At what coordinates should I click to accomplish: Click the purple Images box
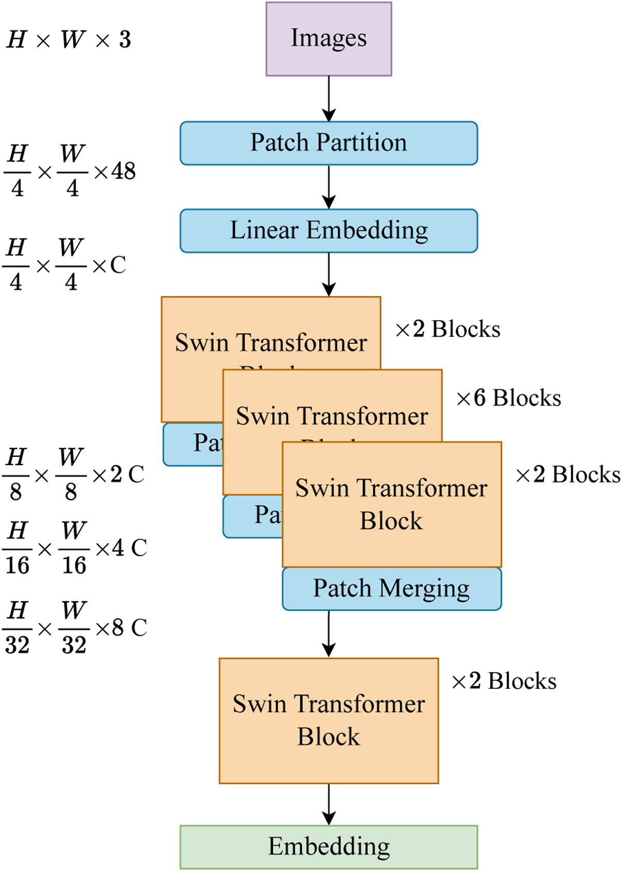click(x=329, y=39)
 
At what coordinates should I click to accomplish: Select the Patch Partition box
click(x=329, y=143)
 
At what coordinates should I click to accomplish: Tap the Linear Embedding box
click(x=329, y=231)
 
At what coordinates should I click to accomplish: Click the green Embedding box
click(x=329, y=847)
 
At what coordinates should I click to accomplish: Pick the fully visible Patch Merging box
click(x=391, y=589)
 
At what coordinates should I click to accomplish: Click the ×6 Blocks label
click(x=508, y=398)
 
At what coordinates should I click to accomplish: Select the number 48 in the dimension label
click(x=123, y=171)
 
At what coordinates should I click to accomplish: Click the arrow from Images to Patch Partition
click(x=329, y=99)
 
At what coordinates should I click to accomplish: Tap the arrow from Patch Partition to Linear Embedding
click(x=329, y=187)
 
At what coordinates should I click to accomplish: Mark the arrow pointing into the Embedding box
click(x=329, y=804)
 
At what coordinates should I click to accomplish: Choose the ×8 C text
click(x=122, y=628)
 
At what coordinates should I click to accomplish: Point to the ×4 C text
click(x=122, y=548)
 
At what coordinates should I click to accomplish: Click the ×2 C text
click(x=118, y=474)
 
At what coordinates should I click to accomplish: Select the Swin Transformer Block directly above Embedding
click(x=329, y=721)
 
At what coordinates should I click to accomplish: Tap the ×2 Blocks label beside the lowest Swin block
click(x=504, y=681)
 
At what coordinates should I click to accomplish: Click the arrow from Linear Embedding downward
click(x=329, y=274)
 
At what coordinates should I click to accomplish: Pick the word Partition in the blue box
click(x=362, y=143)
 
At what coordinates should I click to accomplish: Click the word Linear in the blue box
click(x=265, y=230)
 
